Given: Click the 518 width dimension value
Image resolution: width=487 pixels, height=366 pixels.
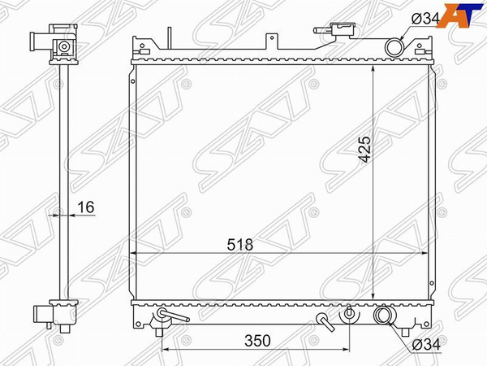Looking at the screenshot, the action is click(239, 244).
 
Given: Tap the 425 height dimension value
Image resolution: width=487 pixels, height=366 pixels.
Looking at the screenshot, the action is click(364, 149).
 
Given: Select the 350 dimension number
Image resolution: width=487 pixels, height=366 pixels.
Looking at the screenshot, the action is click(257, 341).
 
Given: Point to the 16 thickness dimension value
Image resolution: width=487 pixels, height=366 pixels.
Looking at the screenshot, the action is click(86, 207).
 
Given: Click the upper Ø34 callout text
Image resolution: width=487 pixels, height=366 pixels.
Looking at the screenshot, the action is click(425, 20).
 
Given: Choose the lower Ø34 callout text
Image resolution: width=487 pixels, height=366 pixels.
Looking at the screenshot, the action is click(426, 345).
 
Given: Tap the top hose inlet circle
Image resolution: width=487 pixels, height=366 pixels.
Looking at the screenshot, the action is click(394, 47).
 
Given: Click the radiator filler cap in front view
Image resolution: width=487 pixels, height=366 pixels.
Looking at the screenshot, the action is click(342, 29).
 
